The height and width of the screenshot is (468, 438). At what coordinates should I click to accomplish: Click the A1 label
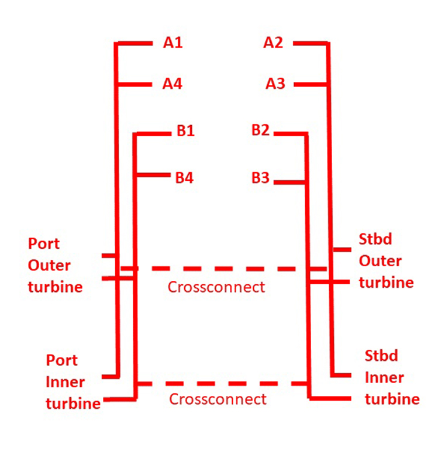[173, 43]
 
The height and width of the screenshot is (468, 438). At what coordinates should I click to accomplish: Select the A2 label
[273, 43]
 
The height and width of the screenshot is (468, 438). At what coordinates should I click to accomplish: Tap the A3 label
[275, 84]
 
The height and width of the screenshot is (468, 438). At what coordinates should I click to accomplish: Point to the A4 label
[172, 84]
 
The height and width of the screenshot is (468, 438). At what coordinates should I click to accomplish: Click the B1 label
[185, 130]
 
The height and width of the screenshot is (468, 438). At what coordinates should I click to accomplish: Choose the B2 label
[260, 130]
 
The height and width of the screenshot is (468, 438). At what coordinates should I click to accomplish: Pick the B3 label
[260, 178]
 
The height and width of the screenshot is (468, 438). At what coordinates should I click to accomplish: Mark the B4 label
[184, 178]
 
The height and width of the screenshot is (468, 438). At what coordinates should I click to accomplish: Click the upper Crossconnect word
[216, 287]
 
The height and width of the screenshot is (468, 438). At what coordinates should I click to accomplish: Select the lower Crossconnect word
[218, 400]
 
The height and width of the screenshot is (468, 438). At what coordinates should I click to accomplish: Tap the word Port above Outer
[44, 244]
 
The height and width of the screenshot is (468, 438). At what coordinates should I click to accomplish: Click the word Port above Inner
[62, 360]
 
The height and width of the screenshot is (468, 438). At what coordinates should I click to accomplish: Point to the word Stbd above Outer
[375, 239]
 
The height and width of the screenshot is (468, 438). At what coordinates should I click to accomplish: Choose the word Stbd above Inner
[381, 356]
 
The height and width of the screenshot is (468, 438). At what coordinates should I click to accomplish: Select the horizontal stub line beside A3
[311, 85]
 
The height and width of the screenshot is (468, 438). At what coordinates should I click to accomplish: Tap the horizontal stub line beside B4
[153, 175]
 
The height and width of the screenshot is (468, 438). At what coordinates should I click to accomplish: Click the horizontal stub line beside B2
[291, 134]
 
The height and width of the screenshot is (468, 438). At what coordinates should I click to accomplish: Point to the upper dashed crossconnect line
[223, 269]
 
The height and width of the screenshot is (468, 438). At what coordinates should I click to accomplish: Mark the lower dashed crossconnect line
[222, 384]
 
